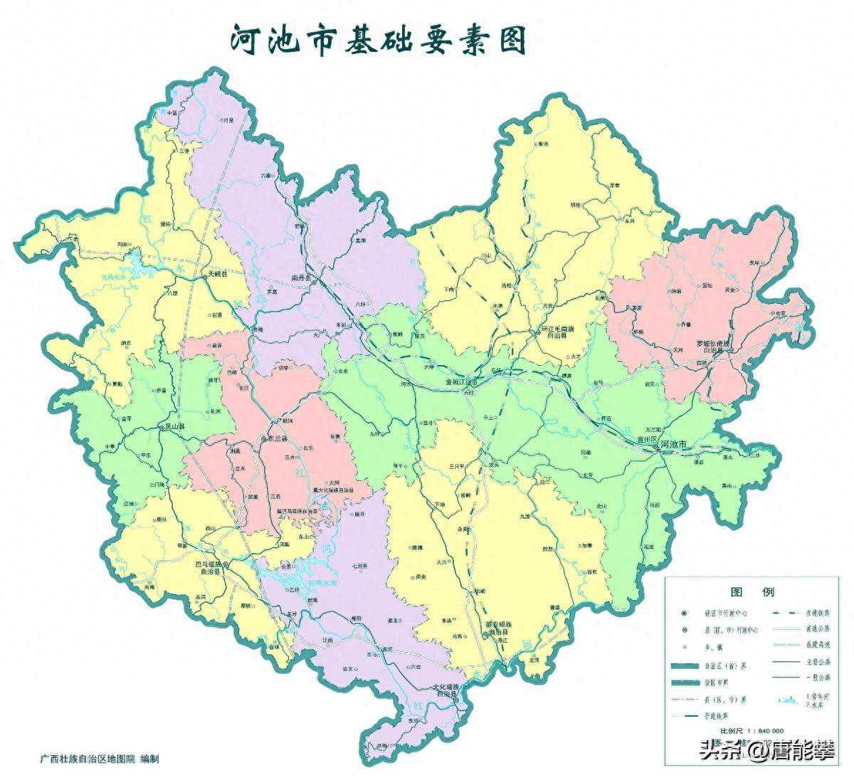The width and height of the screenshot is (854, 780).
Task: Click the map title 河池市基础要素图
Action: coord(378,40)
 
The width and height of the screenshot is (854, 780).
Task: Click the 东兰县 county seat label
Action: coord(279,439)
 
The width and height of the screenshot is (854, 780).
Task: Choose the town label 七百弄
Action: coord(359,566)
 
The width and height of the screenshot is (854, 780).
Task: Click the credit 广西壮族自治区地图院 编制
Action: coord(100,759)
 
